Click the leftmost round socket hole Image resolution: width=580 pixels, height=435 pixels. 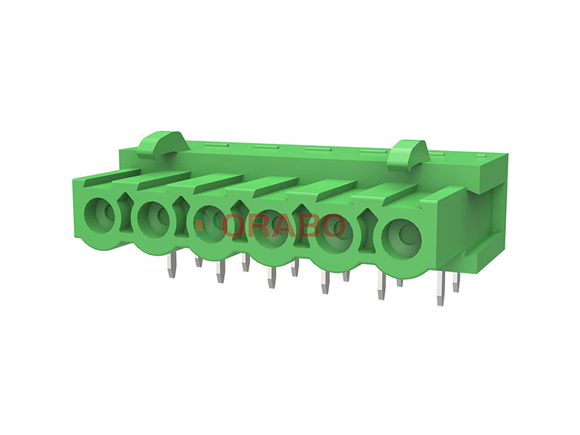tap(99, 214)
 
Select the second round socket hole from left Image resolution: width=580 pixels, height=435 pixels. tap(153, 217)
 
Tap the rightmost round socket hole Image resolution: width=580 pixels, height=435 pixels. tap(402, 237)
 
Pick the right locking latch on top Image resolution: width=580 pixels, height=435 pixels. tap(408, 153)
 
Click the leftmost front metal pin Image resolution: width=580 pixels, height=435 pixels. tap(171, 265)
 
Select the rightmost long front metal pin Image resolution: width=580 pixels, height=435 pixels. tap(440, 289)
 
